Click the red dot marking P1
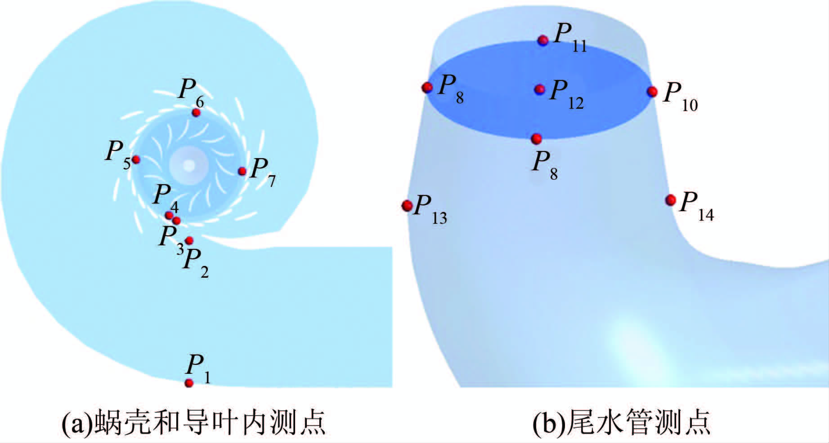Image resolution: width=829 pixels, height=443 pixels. click(189, 383)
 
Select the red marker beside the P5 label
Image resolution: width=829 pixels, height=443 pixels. click(136, 159)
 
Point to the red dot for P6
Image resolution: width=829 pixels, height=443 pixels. click(196, 112)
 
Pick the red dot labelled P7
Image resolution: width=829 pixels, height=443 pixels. click(242, 171)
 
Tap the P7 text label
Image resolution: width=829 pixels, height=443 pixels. click(263, 172)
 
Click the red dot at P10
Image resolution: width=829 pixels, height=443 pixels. click(652, 92)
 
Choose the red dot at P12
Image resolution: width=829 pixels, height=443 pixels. click(539, 89)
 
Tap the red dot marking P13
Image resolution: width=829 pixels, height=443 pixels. click(407, 206)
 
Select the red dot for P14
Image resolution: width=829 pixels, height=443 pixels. click(670, 200)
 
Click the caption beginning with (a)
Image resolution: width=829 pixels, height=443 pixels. click(193, 422)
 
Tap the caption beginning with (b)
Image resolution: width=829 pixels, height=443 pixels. click(621, 422)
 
